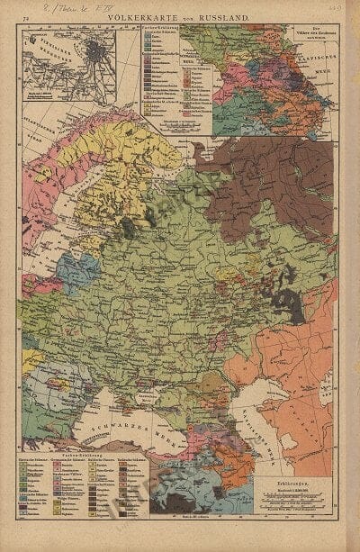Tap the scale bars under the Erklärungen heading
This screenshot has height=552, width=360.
[x=287, y=510]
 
